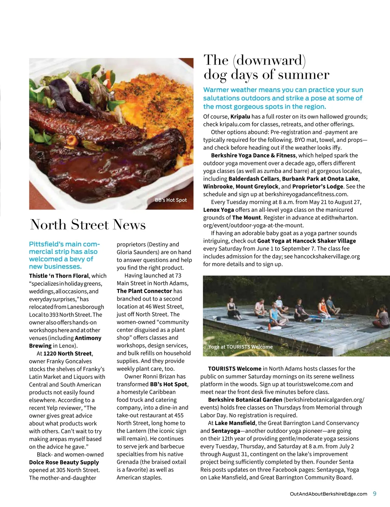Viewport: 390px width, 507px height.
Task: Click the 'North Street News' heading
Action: pos(88,225)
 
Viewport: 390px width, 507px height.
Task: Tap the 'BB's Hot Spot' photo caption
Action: pos(171,200)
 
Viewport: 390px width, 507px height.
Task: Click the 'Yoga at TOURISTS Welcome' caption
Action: pos(240,347)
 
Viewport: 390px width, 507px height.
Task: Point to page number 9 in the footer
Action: pos(374,494)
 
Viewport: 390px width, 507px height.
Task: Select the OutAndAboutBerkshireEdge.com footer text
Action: pos(328,494)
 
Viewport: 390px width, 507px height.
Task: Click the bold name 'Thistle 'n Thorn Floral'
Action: pos(59,276)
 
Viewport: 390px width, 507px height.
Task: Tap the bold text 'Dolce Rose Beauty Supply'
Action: pos(64,462)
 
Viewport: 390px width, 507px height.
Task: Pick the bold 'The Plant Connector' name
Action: pos(144,291)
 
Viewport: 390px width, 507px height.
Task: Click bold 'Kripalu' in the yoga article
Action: pos(240,116)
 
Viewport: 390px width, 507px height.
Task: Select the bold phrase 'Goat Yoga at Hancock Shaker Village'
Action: pos(306,241)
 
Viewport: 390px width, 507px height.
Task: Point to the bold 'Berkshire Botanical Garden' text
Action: pos(245,400)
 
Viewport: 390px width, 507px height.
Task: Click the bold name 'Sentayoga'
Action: pos(226,431)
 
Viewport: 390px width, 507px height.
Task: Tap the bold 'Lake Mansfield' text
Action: pos(235,423)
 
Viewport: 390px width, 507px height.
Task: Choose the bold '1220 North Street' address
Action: pos(68,353)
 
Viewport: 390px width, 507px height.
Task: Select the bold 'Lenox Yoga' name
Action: pos(218,210)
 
